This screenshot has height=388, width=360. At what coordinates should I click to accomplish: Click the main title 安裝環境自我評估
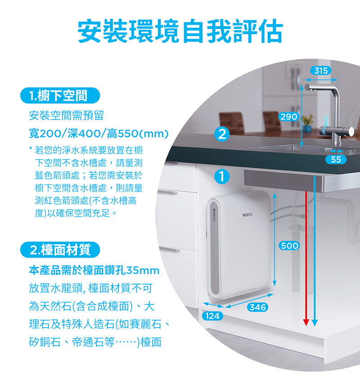[180, 31]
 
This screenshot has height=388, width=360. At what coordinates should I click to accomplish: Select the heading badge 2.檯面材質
[60, 249]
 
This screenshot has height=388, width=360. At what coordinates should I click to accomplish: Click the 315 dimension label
[321, 71]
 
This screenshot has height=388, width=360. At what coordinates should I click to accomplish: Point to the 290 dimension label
[288, 116]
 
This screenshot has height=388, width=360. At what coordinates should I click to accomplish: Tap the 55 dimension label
[335, 160]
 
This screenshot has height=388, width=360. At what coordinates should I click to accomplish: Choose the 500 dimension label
[289, 245]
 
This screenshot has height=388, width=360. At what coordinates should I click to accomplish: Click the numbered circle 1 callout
[221, 176]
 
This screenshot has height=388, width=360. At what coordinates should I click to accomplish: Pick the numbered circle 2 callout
[222, 134]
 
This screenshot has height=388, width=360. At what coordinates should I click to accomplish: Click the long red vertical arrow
[306, 256]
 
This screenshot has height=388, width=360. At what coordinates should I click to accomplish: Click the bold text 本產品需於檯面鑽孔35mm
[94, 271]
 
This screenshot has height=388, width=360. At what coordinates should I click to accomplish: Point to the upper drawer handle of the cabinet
[167, 192]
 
